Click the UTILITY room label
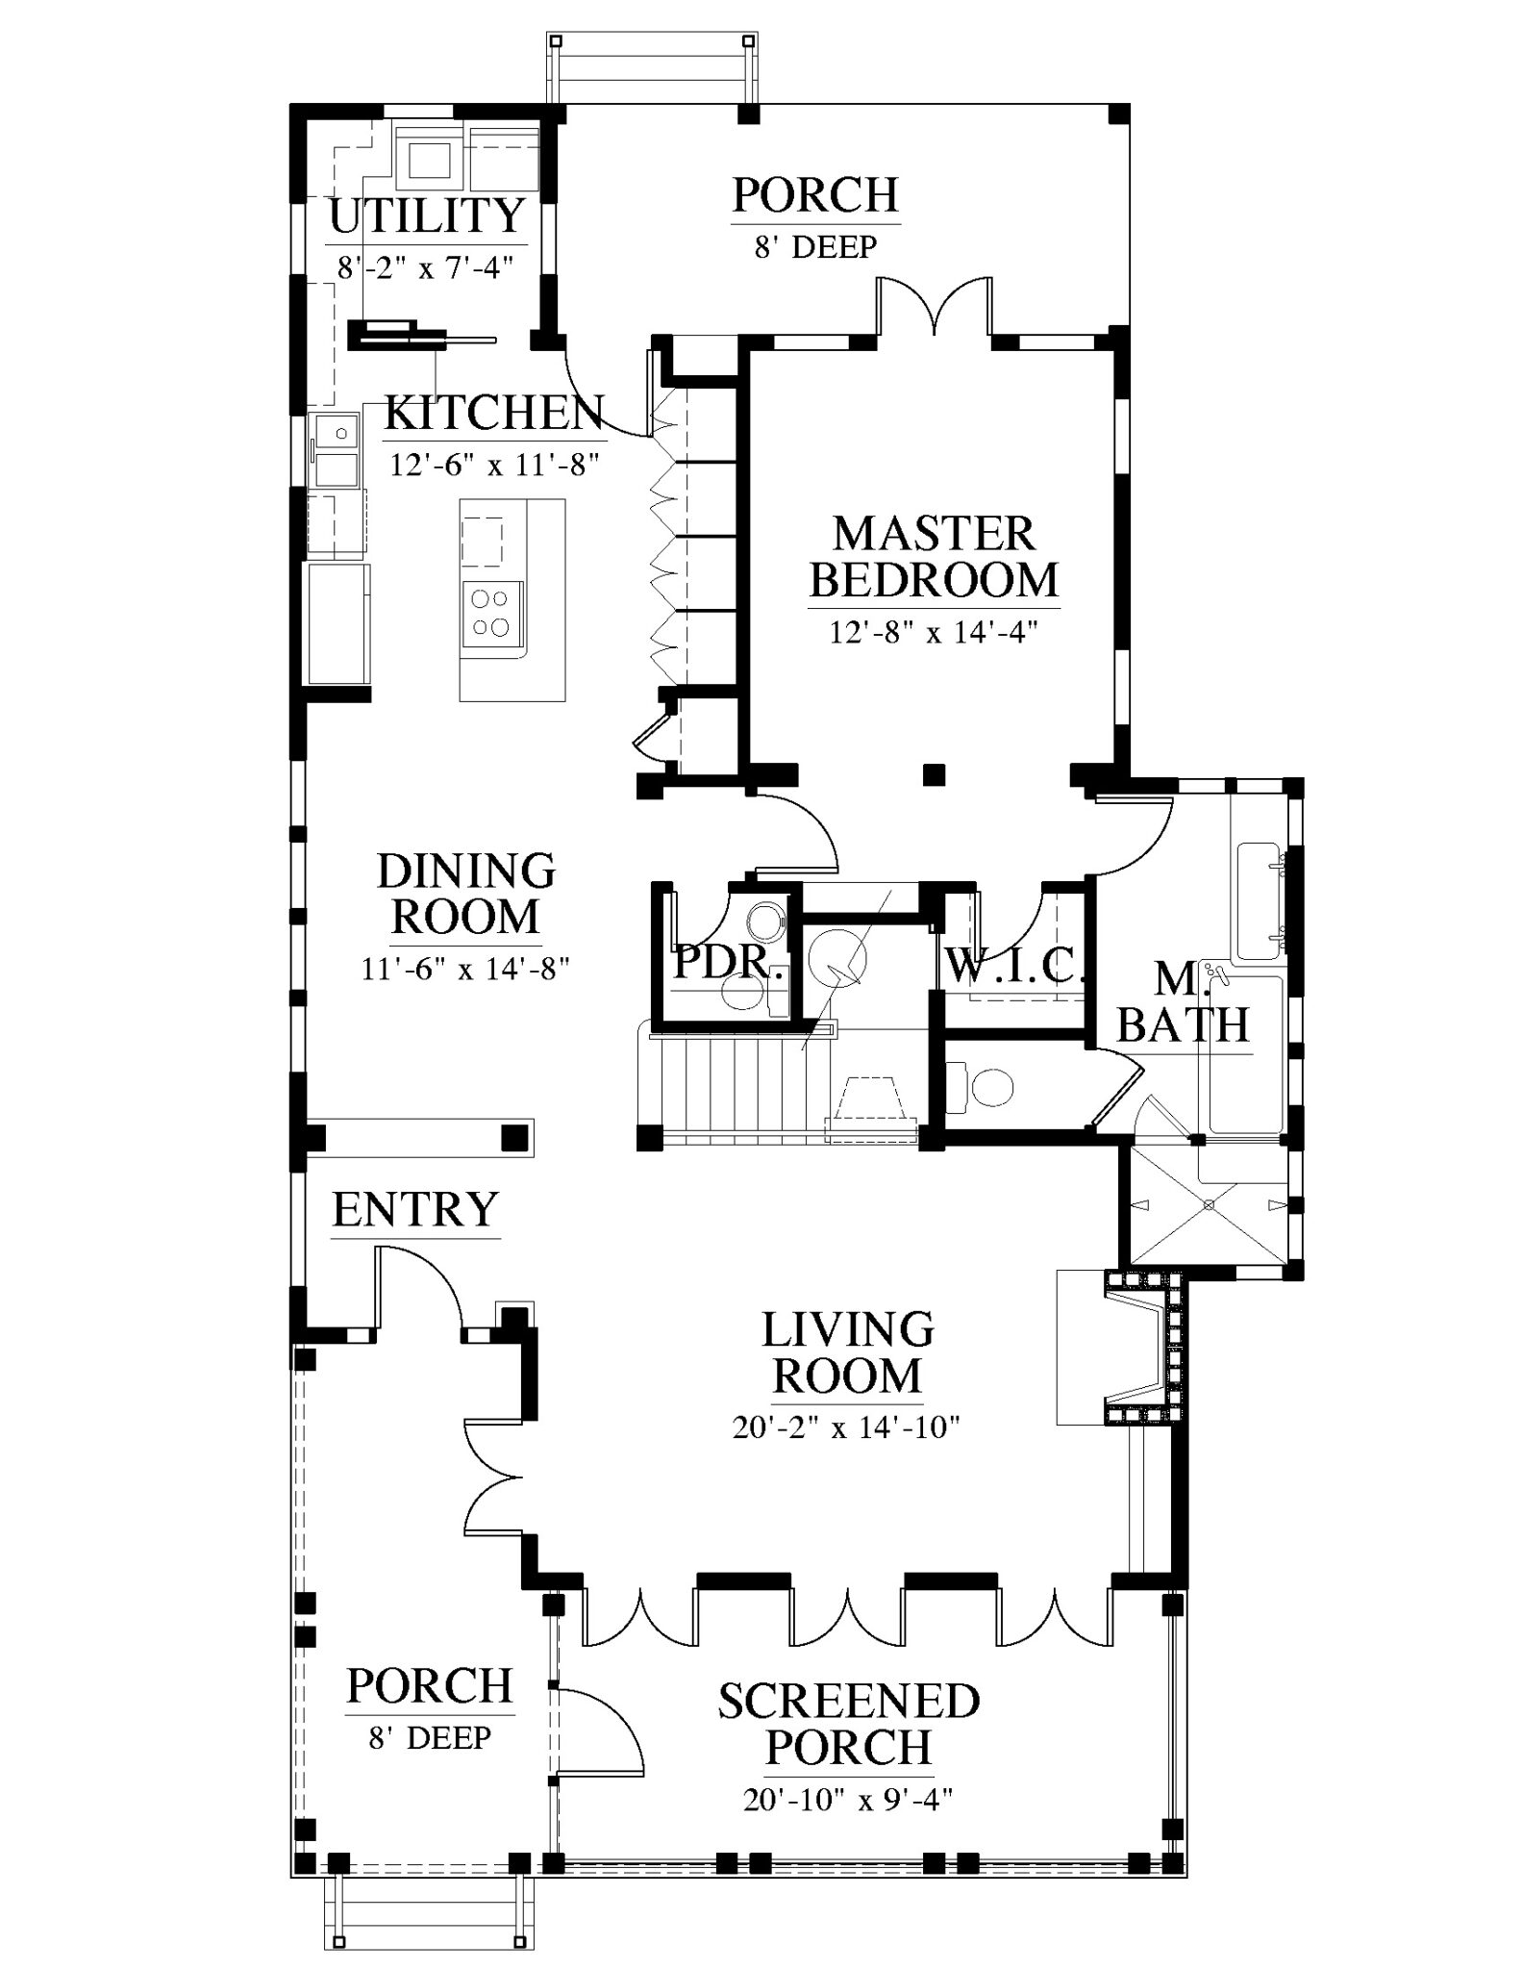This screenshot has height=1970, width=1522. tap(427, 215)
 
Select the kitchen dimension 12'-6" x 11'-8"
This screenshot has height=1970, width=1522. tap(494, 465)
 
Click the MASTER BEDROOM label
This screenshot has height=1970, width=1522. tap(934, 557)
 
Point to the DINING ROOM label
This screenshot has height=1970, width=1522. tap(466, 894)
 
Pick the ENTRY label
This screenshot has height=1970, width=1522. tap(415, 1209)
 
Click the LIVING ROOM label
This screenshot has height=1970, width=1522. tap(848, 1352)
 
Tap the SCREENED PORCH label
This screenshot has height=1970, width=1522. tap(849, 1724)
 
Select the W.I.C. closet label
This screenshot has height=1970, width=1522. tap(1014, 965)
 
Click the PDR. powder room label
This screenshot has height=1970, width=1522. tap(728, 962)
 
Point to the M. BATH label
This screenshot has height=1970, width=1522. tap(1184, 1002)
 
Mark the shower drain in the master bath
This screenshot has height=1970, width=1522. tap(1209, 1204)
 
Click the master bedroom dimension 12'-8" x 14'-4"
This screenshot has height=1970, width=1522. tap(934, 633)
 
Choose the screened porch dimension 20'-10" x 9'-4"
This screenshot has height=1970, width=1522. tap(848, 1798)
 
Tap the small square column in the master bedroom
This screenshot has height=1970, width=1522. tap(933, 773)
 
